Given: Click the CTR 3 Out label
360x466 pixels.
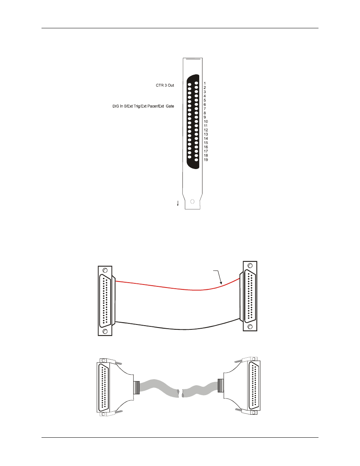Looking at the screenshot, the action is coord(165,85).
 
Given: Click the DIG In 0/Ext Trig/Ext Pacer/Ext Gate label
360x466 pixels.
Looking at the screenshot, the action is coord(143,106).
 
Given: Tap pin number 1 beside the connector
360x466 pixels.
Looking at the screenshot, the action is coord(205,83).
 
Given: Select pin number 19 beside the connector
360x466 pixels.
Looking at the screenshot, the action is coord(206,160).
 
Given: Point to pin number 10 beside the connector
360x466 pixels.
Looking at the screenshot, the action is coord(206,121).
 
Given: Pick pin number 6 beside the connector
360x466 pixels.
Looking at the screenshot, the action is coord(205,105).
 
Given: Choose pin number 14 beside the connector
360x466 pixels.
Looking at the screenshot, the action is coord(206,138).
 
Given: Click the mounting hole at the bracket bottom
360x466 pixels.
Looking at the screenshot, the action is coord(192,201).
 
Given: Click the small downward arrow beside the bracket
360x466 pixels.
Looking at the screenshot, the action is coord(178,203).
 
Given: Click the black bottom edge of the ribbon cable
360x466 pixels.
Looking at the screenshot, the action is coord(178,329).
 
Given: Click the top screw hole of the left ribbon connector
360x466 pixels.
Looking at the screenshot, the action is coord(105,270).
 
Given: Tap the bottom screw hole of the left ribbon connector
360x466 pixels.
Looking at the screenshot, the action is coord(105,331).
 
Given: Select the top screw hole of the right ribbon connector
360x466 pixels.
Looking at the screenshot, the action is coord(250,266).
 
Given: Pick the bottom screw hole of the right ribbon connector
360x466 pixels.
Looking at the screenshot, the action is coord(250,327).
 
